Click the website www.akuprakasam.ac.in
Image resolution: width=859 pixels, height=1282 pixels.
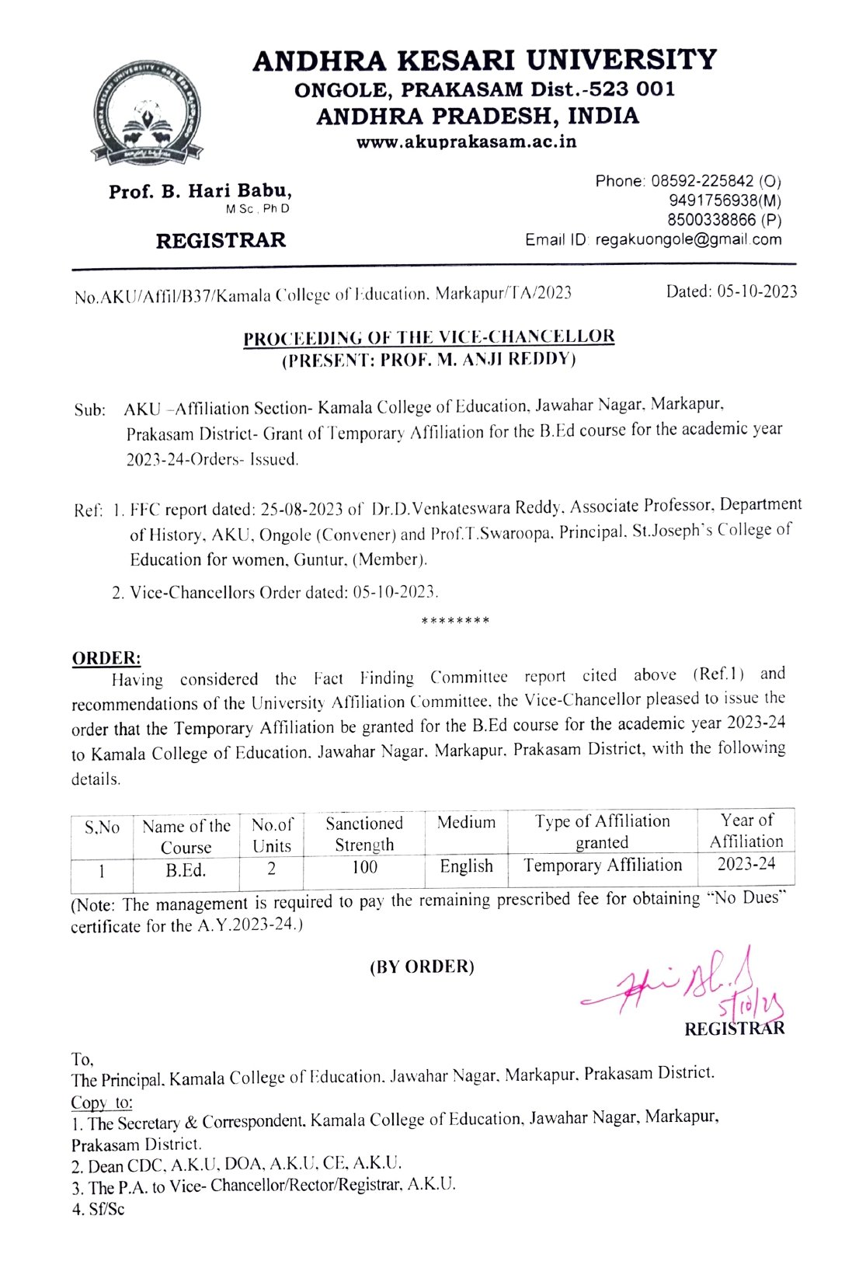(x=466, y=142)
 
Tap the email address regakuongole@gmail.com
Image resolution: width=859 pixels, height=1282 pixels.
(x=688, y=239)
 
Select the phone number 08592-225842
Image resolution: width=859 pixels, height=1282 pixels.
(x=702, y=181)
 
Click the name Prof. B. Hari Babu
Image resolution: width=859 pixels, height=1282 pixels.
(x=200, y=191)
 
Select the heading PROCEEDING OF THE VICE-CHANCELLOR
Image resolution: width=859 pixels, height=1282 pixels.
(x=429, y=337)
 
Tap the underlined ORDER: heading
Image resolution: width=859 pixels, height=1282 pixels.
(x=106, y=658)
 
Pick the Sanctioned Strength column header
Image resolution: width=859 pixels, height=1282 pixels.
(x=364, y=834)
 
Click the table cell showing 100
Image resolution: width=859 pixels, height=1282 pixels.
(x=364, y=867)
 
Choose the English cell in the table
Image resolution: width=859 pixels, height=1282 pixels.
(x=466, y=866)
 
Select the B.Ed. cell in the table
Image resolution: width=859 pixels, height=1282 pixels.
(x=186, y=870)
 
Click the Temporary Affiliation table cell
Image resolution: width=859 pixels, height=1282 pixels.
(x=602, y=866)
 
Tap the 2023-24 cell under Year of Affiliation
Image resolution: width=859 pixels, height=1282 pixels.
(x=746, y=864)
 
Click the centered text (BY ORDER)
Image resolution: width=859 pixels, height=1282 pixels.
(x=422, y=967)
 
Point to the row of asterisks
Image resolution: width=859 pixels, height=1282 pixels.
(x=455, y=622)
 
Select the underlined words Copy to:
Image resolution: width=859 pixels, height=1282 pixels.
(x=102, y=1103)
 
